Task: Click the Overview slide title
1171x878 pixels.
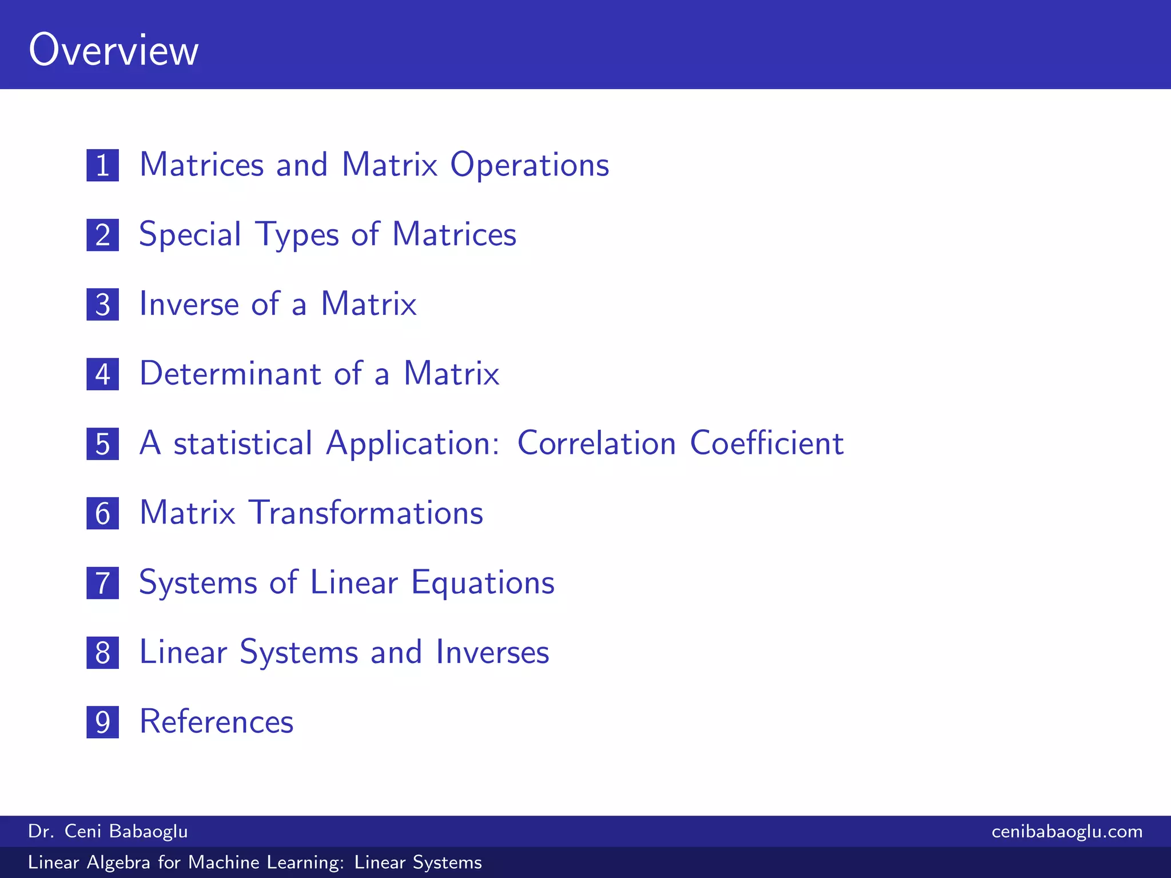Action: point(113,50)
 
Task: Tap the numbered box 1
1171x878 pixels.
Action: point(103,165)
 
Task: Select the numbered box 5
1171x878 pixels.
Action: point(103,444)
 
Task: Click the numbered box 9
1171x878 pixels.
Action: point(103,722)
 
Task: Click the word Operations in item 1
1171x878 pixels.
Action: point(529,166)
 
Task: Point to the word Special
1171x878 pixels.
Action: point(190,235)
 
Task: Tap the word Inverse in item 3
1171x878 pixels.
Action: point(189,304)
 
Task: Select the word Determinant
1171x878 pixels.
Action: point(230,374)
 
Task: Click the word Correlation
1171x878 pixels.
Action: point(596,444)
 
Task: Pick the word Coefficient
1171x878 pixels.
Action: point(767,444)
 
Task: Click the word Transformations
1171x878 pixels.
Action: point(366,513)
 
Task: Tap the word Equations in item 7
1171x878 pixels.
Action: point(483,583)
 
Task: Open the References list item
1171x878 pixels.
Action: point(216,722)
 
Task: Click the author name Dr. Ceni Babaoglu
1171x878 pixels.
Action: point(108,831)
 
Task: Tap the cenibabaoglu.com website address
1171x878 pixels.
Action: point(1067,831)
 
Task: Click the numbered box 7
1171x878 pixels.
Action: point(103,583)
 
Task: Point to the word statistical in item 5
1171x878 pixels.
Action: point(243,444)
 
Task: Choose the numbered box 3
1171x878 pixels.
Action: point(103,305)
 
